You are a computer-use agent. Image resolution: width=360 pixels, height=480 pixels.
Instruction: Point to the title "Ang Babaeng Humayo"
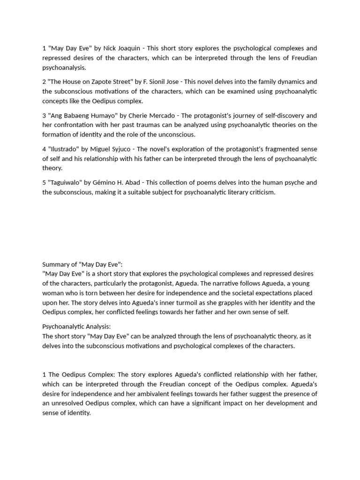pyautogui.click(x=82, y=115)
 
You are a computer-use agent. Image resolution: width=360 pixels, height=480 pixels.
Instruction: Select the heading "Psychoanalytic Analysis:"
pyautogui.click(x=76, y=326)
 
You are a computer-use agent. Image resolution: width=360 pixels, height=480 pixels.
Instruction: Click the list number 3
pyautogui.click(x=44, y=115)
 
